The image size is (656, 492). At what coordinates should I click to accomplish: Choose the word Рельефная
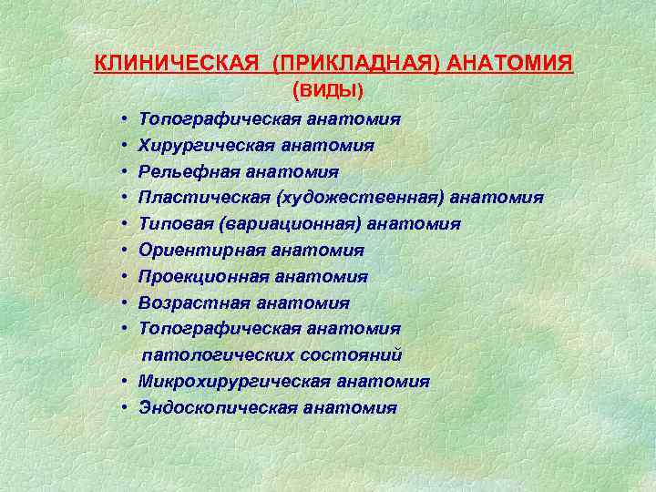click(181, 172)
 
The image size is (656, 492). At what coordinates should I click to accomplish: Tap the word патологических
click(215, 354)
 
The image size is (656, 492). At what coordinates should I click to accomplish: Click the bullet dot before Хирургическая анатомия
click(121, 146)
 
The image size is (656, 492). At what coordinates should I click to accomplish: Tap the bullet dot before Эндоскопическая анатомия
click(121, 407)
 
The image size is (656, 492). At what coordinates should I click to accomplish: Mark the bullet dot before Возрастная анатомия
click(121, 302)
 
